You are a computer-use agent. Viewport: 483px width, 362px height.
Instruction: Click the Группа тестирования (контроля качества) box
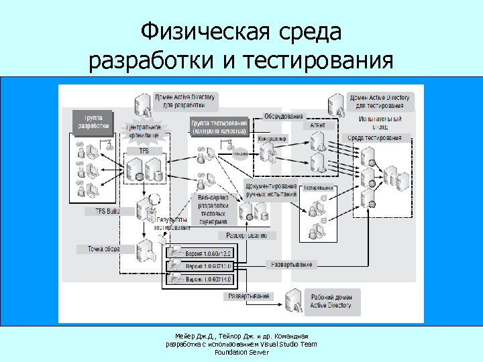219,127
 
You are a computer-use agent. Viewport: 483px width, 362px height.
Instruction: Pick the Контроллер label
272,139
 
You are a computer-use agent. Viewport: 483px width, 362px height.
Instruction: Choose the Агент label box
317,125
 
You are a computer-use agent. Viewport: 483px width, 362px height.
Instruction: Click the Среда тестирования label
375,138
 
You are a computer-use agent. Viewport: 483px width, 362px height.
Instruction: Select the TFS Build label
102,211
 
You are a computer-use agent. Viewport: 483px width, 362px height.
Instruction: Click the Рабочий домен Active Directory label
330,301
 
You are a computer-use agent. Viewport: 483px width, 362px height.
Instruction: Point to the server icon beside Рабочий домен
292,300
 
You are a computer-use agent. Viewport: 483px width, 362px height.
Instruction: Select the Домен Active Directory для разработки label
184,101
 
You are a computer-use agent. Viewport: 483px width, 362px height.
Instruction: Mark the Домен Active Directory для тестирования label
380,101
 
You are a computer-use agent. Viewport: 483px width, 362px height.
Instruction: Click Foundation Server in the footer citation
241,352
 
